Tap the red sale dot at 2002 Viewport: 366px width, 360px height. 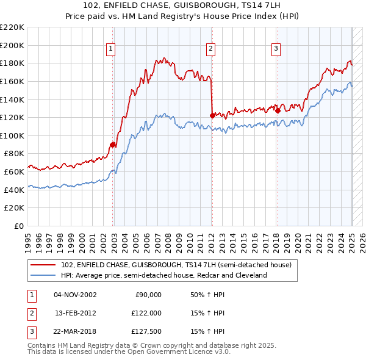(113, 145)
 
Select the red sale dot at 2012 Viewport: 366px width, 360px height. (212, 115)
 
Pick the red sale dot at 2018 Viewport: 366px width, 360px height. (278, 110)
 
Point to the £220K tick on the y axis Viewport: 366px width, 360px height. (13, 27)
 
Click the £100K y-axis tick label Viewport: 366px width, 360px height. (13, 135)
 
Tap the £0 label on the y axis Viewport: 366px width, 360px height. (19, 226)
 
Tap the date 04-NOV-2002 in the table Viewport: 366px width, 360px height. (75, 295)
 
